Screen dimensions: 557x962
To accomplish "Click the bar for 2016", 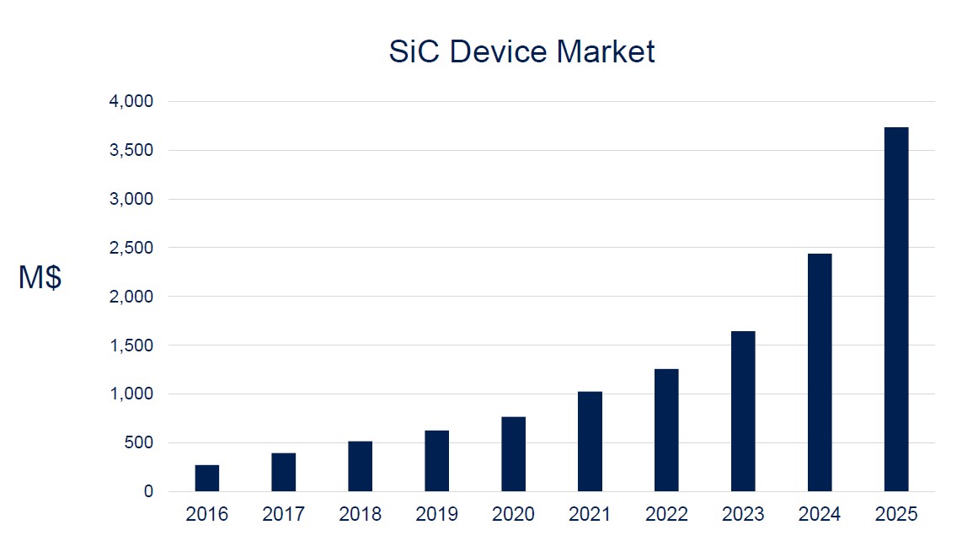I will click(x=207, y=478).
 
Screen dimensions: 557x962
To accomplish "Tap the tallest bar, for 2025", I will click(x=896, y=309).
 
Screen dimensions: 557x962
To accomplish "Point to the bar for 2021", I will click(x=590, y=442).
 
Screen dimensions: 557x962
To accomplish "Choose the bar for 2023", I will click(x=743, y=411).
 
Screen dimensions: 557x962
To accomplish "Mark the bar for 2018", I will click(x=360, y=466).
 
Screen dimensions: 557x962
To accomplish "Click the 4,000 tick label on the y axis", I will click(x=133, y=102).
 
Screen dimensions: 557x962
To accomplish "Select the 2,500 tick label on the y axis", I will click(x=133, y=248).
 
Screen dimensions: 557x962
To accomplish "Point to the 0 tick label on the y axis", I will click(x=149, y=492).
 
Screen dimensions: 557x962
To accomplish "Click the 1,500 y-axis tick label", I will click(x=133, y=345).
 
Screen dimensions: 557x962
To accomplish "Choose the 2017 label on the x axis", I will click(x=283, y=515).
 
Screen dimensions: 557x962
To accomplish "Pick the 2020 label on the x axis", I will click(x=513, y=515).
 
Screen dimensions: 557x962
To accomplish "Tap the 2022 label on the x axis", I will click(x=666, y=515).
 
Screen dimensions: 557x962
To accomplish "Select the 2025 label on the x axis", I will click(x=896, y=515).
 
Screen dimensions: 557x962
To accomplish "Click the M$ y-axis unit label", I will click(x=40, y=278).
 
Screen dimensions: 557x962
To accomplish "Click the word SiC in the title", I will click(x=414, y=52).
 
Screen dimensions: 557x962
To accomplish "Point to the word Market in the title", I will click(x=605, y=52).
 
